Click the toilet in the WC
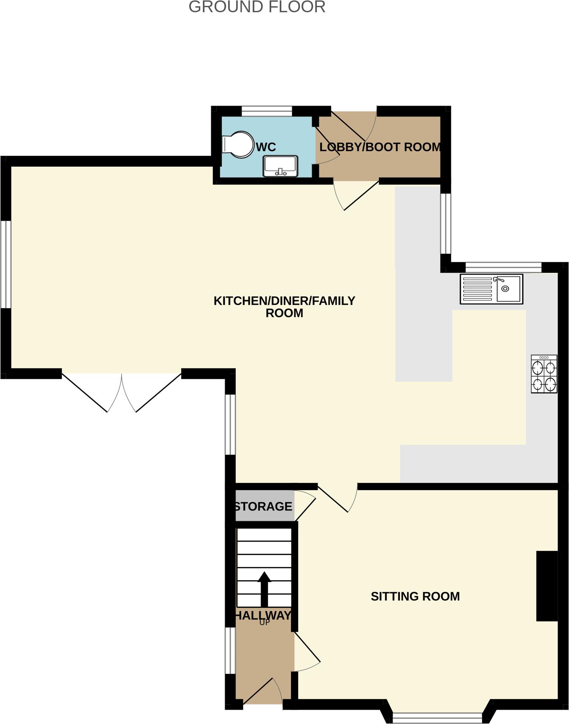238,145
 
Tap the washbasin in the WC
280,166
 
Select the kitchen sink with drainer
491,289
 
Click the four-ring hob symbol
544,374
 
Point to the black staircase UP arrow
264,589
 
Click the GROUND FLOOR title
257,7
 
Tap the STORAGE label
263,506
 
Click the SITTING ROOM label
415,596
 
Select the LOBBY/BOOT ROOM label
380,147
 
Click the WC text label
266,147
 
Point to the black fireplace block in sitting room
547,586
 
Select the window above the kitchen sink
503,267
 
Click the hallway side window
230,650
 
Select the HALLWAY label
263,615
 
